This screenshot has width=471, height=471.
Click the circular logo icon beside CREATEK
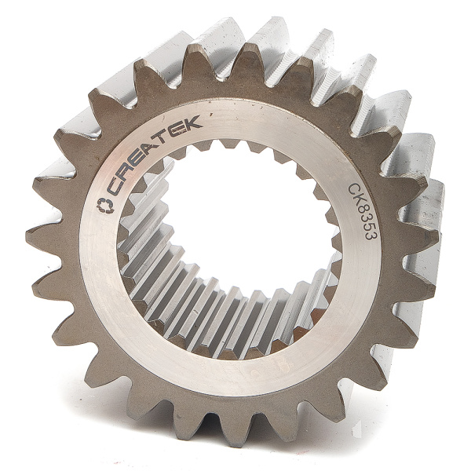pos(104,205)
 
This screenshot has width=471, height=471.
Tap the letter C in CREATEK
pos(116,185)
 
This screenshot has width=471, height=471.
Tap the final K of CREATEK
pos(193,122)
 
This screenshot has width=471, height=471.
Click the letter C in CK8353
pos(356,189)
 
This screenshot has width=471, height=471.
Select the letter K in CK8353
pos(360,202)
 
